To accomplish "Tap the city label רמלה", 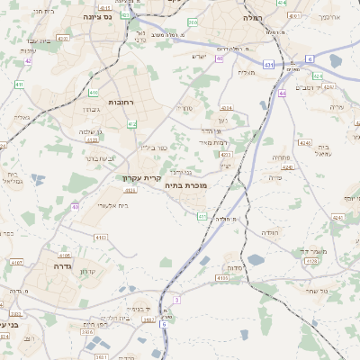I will (x=252, y=18).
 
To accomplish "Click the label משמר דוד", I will (x=321, y=250).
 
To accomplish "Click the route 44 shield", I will (x=282, y=92).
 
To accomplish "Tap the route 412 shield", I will (x=132, y=123).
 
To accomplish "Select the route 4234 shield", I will (x=226, y=108).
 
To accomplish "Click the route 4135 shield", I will (x=221, y=278).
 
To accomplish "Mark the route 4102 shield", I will (x=101, y=237).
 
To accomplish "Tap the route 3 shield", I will (x=177, y=299).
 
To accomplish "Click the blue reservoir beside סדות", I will (x=256, y=260).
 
